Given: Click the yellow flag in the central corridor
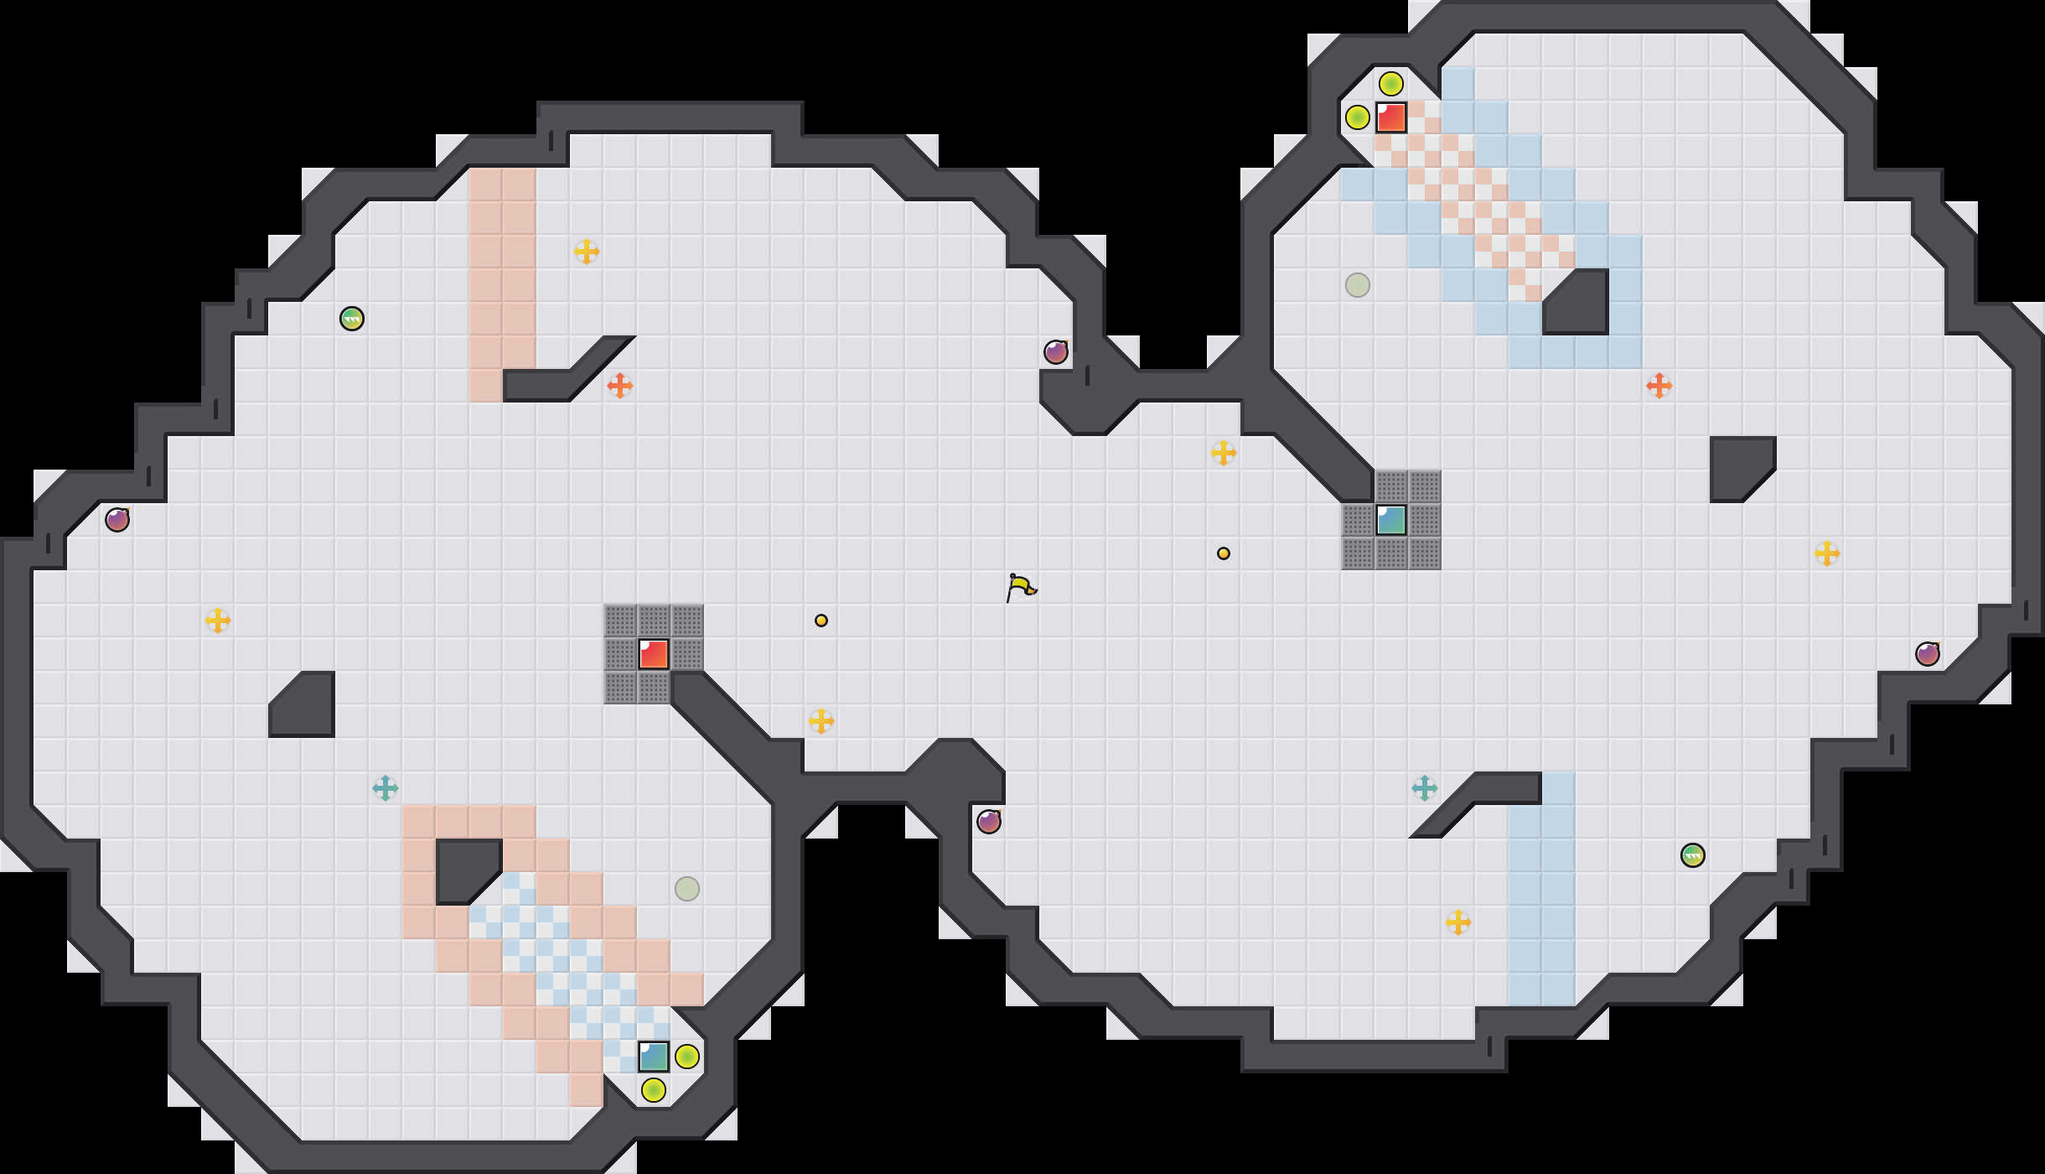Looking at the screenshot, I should pos(1020,587).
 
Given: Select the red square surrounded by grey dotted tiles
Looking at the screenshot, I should pos(654,654).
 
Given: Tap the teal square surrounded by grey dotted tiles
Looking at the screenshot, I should pos(1391,520).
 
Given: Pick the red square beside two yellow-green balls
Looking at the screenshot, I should pos(1391,117).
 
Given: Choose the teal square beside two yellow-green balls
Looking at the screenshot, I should pos(654,1057).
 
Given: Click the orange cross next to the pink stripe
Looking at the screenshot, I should pos(620,386).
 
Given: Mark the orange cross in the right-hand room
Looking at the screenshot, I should pos(1659,386).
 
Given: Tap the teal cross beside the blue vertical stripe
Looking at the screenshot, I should pos(1425,788).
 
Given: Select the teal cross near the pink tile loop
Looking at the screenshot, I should pos(386,788).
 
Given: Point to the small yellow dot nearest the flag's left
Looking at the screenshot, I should pos(821,621).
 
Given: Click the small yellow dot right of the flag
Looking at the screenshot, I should pos(1224,553).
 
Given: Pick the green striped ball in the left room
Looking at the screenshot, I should pos(352,319).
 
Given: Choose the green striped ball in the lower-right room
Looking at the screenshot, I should pos(1693,855).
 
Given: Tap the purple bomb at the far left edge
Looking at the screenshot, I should pos(117,520).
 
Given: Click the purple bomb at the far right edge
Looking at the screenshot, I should pos(1928,654).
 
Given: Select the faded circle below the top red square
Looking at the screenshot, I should pos(1358,285).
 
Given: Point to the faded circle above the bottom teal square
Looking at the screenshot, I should pos(687,889).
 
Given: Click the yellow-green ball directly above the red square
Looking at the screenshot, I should pos(1391,84).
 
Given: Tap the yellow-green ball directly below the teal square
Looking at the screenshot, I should pos(654,1090).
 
